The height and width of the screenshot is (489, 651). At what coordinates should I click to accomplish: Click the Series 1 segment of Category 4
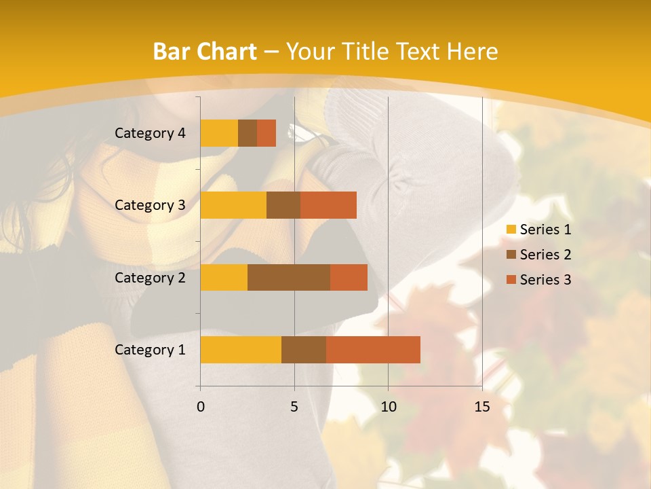[219, 133]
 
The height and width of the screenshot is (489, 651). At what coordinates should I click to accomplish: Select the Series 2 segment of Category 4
[248, 133]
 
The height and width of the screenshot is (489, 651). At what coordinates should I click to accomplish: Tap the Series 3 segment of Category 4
[267, 133]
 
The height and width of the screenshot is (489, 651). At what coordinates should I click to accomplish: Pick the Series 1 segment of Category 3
[233, 205]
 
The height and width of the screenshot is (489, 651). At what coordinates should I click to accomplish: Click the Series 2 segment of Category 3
[283, 205]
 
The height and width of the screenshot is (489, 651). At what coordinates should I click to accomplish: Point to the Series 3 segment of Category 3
[328, 205]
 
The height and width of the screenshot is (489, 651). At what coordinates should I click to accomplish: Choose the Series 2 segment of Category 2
[289, 277]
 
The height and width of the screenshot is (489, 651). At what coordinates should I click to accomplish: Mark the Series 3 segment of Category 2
[349, 277]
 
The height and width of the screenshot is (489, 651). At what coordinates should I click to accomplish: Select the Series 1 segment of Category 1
[241, 350]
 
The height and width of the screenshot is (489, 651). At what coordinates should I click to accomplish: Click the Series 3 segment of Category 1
[373, 350]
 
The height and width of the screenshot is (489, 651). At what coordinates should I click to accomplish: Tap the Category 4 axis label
[150, 133]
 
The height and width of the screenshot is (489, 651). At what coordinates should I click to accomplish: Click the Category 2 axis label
[150, 277]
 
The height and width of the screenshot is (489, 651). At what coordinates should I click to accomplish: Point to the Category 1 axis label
[150, 350]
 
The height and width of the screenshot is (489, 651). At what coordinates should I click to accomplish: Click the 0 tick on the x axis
[201, 407]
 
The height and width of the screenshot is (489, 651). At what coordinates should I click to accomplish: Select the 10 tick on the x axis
[388, 407]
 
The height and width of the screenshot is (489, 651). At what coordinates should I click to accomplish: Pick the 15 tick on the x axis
[482, 407]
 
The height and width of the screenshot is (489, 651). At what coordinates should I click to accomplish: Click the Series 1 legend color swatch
[511, 230]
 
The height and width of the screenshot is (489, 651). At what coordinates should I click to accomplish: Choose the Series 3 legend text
[545, 280]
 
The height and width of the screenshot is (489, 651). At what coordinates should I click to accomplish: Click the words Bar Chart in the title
[205, 52]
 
